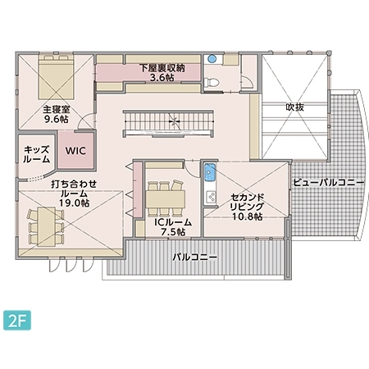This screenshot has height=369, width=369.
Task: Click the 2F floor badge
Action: coord(16,318)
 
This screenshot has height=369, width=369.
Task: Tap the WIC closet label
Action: coord(76,150)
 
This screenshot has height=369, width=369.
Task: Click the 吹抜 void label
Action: coord(295,107)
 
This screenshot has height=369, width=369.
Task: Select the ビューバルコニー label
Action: coord(327,182)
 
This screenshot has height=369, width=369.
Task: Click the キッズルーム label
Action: coord(37,154)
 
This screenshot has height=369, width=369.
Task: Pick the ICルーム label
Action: coord(173,221)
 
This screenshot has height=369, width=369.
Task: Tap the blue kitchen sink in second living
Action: coord(209,175)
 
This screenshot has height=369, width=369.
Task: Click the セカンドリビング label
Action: coord(246,203)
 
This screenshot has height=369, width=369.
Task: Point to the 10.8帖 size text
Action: coord(246,216)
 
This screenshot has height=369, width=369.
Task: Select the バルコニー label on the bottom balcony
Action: coord(194,257)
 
